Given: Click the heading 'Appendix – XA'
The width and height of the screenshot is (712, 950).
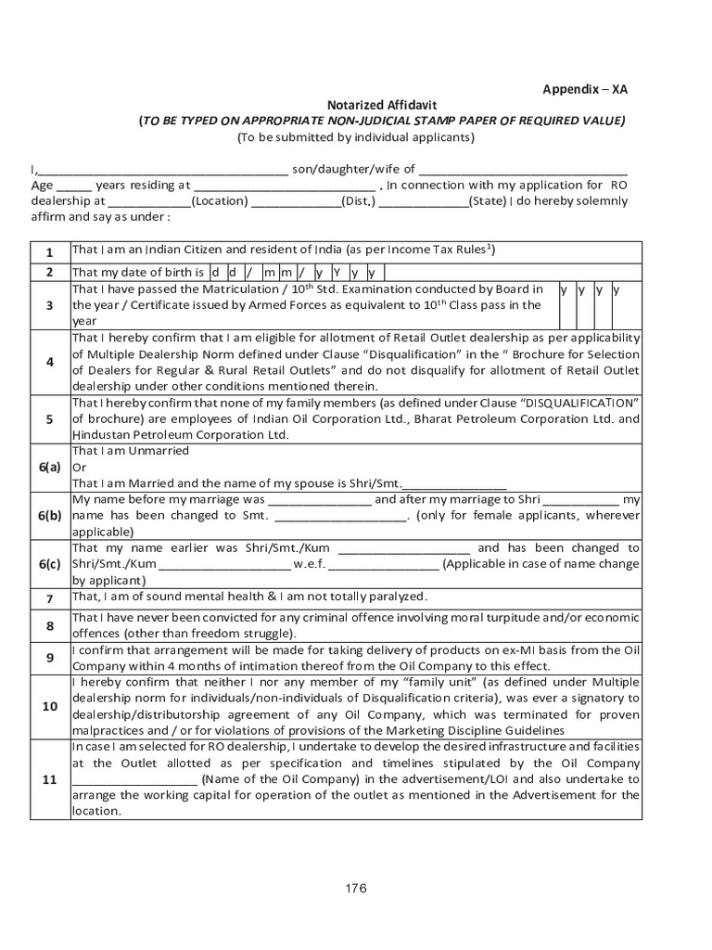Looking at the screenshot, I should [x=584, y=89].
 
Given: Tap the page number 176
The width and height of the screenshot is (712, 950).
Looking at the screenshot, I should [x=356, y=888].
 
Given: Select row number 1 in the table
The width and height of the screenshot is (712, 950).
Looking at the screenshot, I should [x=50, y=252].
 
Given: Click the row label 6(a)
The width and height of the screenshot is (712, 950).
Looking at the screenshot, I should [x=50, y=467].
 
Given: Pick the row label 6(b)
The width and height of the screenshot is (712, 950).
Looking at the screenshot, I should [x=50, y=515].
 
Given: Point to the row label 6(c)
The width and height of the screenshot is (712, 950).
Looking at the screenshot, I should [x=50, y=563].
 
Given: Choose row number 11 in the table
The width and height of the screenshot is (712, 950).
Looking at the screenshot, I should [x=50, y=779].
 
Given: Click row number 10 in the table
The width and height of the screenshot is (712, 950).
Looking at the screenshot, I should [x=50, y=706].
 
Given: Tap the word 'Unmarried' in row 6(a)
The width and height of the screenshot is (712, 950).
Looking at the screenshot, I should [x=159, y=451].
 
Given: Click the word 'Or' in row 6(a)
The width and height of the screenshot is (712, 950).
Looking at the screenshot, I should [x=79, y=467].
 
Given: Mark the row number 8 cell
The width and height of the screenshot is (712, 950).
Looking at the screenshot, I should [x=50, y=626].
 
